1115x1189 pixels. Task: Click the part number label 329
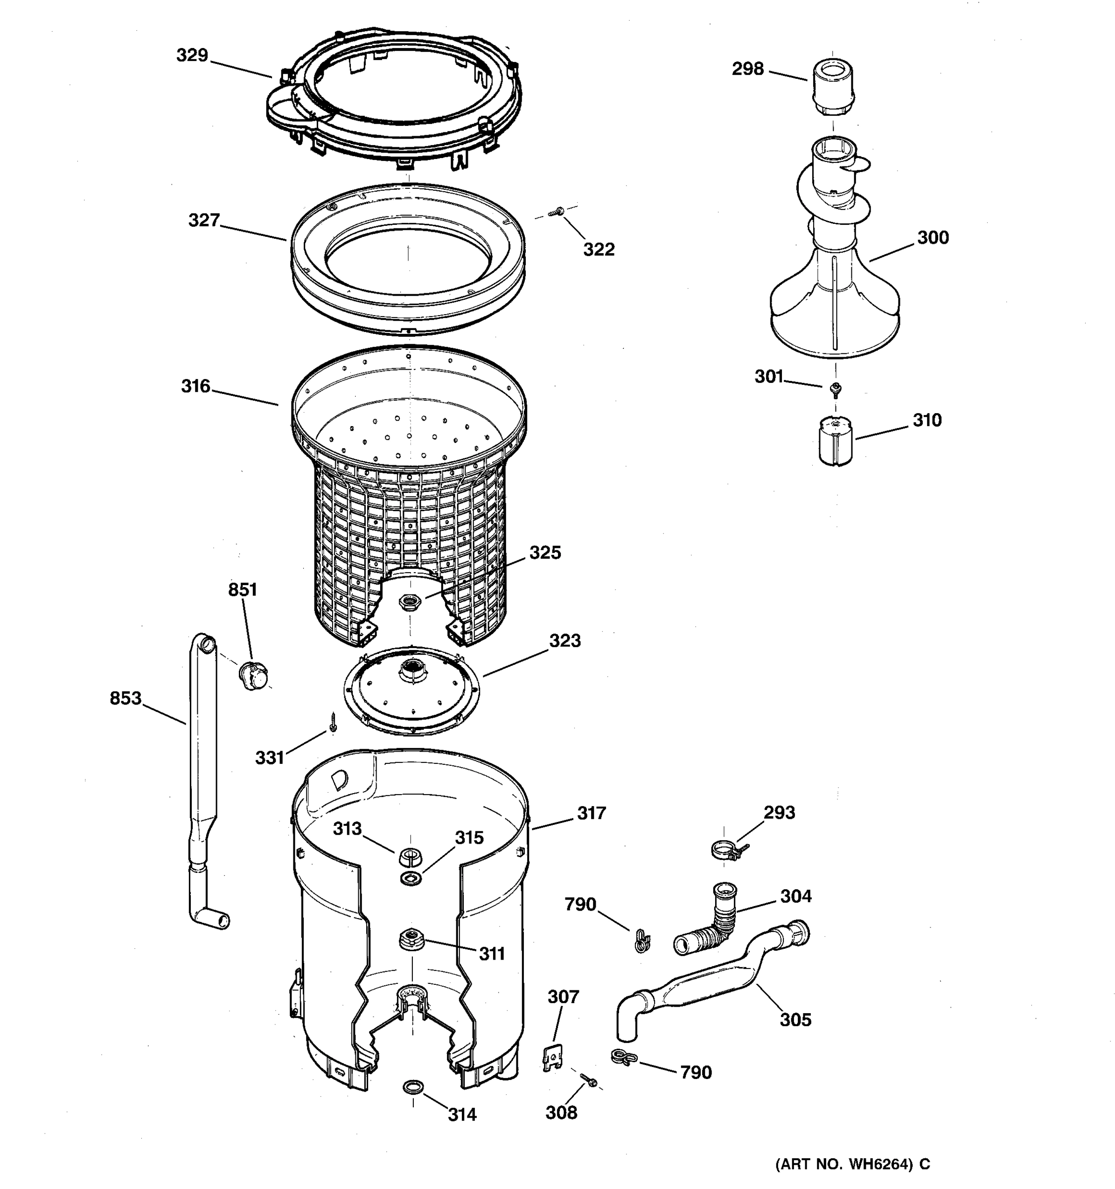[x=192, y=55]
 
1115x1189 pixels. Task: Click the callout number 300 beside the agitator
[x=933, y=237]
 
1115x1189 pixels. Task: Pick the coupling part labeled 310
[x=836, y=441]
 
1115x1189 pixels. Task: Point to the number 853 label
[x=125, y=698]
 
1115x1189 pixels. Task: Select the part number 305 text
[x=795, y=1020]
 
